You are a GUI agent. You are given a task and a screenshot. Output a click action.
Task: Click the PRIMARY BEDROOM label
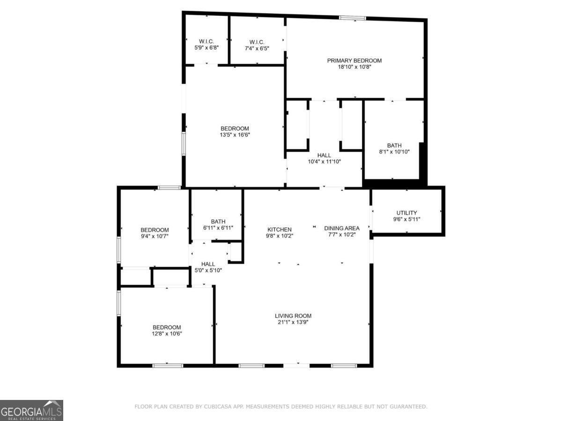click(354, 60)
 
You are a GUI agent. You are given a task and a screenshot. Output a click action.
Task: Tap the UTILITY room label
click(407, 213)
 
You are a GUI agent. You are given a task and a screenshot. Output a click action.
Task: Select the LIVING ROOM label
click(293, 316)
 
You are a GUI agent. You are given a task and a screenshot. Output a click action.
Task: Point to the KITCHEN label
click(280, 229)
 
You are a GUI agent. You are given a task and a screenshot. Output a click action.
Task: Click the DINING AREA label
click(342, 228)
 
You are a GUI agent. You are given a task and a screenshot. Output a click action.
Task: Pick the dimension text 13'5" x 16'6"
click(235, 135)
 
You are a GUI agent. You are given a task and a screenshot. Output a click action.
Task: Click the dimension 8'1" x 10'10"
click(394, 152)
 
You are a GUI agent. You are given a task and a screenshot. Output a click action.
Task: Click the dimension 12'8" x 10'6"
click(166, 334)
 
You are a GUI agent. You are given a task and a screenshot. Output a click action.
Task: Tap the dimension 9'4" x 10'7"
click(155, 236)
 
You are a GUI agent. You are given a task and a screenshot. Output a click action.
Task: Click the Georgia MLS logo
click(31, 410)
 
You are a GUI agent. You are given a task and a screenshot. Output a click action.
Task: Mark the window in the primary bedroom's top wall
click(353, 18)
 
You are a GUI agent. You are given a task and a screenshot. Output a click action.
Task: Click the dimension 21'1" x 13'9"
click(293, 322)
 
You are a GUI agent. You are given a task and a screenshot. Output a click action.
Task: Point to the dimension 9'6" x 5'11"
click(407, 219)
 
